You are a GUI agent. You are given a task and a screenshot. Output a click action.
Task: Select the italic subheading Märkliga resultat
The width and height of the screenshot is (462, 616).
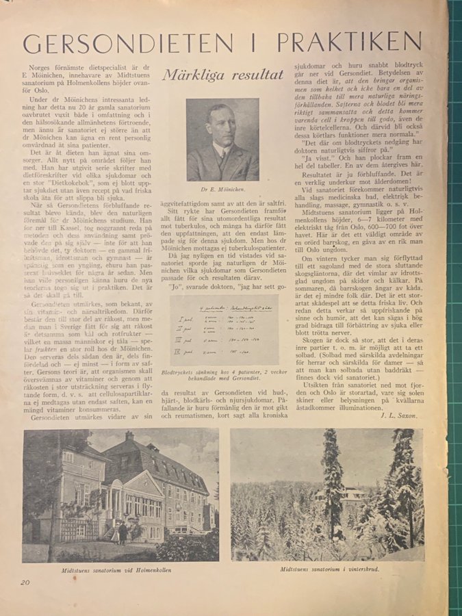223,75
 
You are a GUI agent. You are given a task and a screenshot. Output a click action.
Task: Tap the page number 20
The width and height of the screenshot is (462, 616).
25,582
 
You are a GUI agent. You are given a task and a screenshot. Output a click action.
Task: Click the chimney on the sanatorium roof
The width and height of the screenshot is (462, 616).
129,436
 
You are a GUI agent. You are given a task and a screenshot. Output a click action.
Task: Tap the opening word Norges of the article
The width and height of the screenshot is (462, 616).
44,67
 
